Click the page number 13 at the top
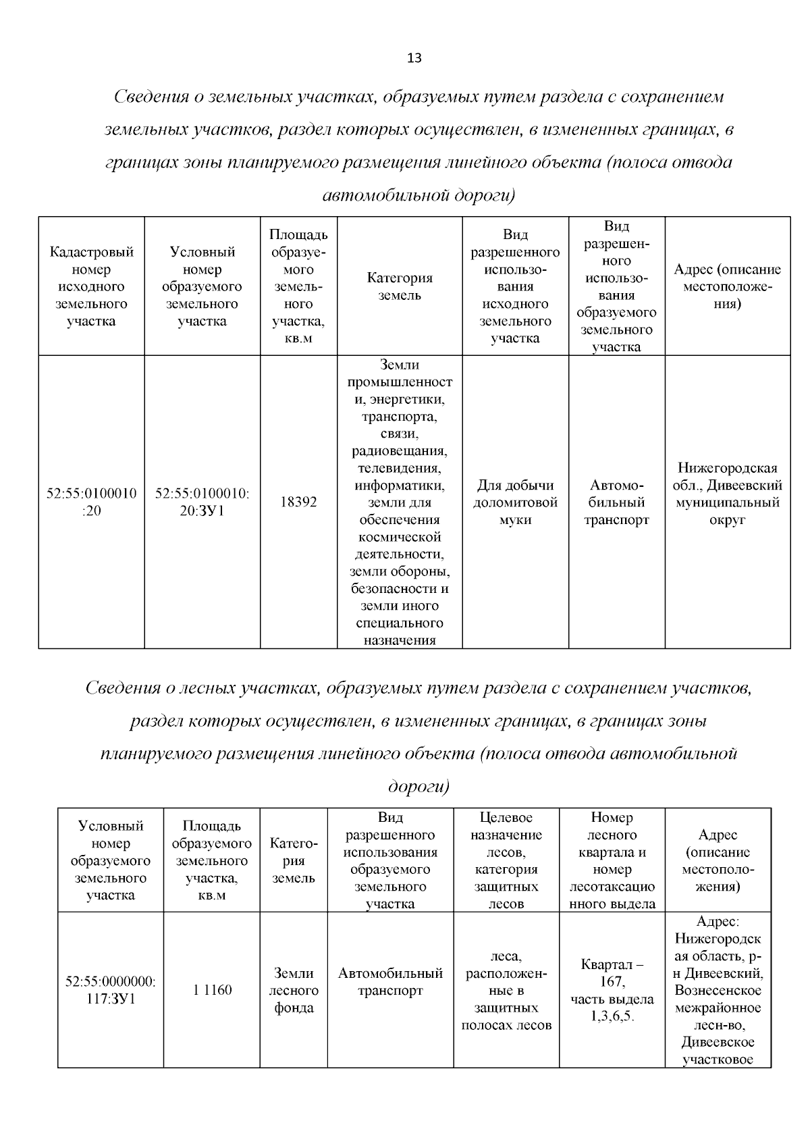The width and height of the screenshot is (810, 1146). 414,58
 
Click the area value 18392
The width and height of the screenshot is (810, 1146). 298,502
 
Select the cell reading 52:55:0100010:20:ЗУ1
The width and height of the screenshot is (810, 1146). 202,502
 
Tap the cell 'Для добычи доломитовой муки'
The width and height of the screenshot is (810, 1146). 515,502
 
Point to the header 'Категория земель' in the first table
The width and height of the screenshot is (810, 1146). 400,286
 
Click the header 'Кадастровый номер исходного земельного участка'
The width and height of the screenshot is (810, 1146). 91,286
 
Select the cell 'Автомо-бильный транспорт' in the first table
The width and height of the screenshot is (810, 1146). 616,502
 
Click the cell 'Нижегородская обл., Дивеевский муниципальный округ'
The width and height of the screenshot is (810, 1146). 727,494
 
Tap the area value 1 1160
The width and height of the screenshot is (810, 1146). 212,990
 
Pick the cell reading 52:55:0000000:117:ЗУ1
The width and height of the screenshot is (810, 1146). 111,990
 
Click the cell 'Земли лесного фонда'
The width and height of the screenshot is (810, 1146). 294,991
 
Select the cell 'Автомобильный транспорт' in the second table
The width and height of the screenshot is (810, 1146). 390,982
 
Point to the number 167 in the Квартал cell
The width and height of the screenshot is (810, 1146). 612,982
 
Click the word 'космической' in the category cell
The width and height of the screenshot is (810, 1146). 400,537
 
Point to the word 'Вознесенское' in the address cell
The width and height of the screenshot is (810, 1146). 718,991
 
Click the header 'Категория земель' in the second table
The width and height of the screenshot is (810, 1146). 294,861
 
